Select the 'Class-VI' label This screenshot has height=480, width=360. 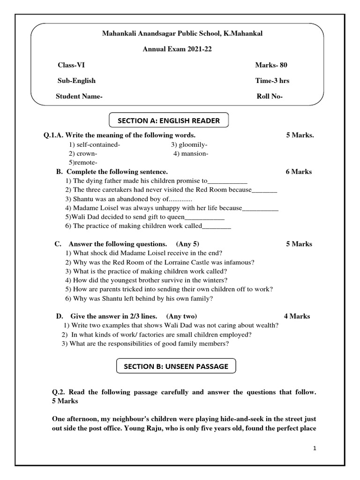click(x=71, y=65)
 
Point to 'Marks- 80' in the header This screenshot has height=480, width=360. click(x=274, y=65)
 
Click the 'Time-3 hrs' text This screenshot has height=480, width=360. click(x=272, y=81)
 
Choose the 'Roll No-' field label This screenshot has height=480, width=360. click(x=270, y=97)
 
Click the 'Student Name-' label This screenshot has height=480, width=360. click(x=79, y=97)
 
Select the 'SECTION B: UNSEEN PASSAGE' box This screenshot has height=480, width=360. click(x=176, y=366)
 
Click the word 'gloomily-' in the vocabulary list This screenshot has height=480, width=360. click(x=189, y=144)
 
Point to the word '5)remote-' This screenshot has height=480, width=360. click(x=83, y=162)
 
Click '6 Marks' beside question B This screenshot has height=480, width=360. click(x=299, y=172)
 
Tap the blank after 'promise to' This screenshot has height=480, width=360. click(x=227, y=181)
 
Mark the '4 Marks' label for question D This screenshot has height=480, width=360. click(x=297, y=316)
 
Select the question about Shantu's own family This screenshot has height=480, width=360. click(x=139, y=298)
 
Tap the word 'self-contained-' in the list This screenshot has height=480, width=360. click(x=94, y=144)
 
